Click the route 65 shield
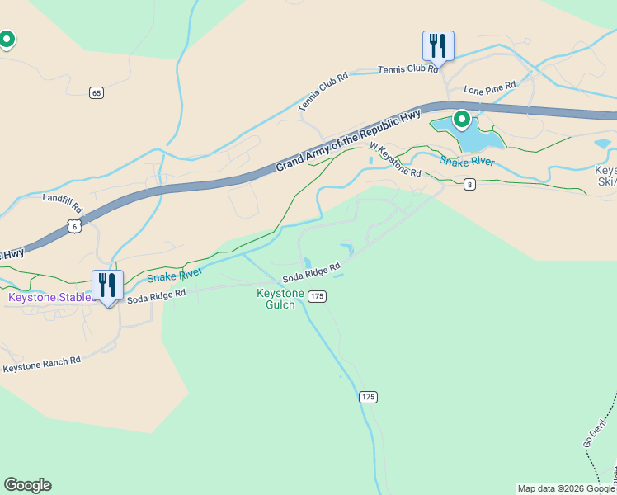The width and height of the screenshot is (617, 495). coord(97,92)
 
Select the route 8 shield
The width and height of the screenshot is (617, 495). coord(469,184)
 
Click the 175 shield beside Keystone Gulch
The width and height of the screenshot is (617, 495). coord(318,296)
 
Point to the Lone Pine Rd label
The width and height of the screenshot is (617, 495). coord(489,86)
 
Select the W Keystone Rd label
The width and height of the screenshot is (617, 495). coord(395,160)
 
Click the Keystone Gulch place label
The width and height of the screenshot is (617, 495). coord(280,299)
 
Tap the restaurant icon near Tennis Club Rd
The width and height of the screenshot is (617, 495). coord(438,46)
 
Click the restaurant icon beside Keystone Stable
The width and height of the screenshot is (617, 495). coord(107,285)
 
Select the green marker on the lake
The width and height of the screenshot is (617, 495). coord(461,120)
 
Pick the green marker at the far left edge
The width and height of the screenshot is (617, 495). coord(7,39)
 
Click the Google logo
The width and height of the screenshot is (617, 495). coord(27,485)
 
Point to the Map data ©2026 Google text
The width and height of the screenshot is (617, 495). coord(566,488)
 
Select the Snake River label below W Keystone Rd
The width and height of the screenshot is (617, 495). coord(467,161)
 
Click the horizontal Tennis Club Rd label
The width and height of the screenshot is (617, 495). coord(407,69)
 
